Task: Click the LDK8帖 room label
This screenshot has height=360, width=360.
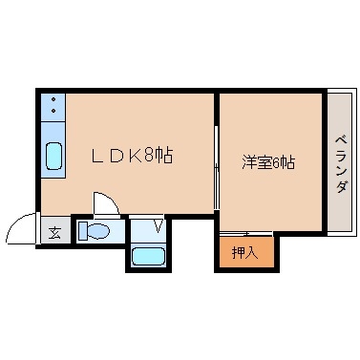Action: (131, 156)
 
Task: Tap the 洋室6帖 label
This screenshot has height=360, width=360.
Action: (267, 162)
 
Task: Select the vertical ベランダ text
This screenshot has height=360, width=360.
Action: (340, 163)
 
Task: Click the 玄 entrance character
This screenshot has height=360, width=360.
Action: (53, 232)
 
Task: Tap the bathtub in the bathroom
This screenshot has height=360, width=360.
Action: (147, 255)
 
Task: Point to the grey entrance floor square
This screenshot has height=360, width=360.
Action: (53, 232)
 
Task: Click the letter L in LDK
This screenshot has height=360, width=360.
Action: (97, 156)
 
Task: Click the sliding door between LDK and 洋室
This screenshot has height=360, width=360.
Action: (216, 181)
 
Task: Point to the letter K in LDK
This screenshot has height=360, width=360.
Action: (132, 156)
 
